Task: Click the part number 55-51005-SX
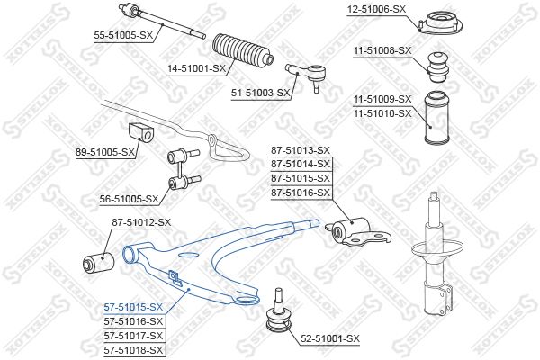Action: [123, 35]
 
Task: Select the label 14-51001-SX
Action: [196, 69]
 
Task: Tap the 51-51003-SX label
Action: [261, 93]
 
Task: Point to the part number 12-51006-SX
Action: [376, 9]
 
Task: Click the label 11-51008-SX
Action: [382, 50]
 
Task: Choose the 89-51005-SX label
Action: [105, 152]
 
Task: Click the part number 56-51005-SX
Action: [129, 199]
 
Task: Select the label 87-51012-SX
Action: [141, 222]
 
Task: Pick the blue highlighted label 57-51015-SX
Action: [133, 307]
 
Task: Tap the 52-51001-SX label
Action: [330, 338]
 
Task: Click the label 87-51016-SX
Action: [301, 193]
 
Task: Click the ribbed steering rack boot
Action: [243, 50]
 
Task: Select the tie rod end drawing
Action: [307, 76]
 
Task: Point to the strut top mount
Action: [440, 23]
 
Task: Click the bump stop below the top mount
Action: [438, 67]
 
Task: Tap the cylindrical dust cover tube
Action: [436, 117]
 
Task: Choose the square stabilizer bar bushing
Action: [140, 132]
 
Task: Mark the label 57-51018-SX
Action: [133, 350]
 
